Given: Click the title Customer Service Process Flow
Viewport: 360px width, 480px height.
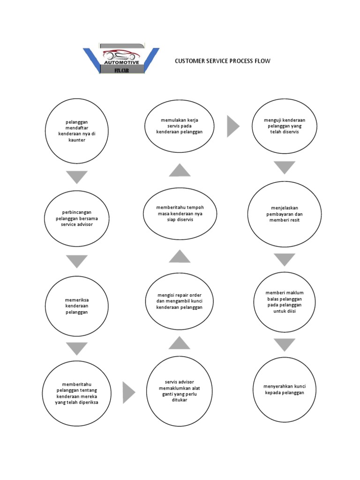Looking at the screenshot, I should pyautogui.click(x=222, y=61).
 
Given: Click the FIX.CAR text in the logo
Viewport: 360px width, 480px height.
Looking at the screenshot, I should pyautogui.click(x=121, y=70).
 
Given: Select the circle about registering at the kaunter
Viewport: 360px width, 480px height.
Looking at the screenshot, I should pyautogui.click(x=77, y=131).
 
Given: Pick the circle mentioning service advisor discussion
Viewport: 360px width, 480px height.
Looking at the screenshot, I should pyautogui.click(x=77, y=218).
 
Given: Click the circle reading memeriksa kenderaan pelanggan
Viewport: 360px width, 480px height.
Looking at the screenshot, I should pyautogui.click(x=77, y=306).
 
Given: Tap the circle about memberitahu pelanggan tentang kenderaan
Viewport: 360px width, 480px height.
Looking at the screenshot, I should pyautogui.click(x=77, y=393).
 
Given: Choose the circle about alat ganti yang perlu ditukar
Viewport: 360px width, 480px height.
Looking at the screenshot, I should pyautogui.click(x=179, y=391).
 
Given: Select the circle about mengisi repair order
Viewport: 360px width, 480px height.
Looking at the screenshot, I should pyautogui.click(x=179, y=301).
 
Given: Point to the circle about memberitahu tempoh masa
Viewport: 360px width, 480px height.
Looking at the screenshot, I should pyautogui.click(x=179, y=213).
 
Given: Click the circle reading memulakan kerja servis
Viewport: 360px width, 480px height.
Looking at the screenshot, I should pyautogui.click(x=179, y=126).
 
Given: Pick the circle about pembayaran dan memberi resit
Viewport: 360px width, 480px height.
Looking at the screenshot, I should pyautogui.click(x=285, y=213).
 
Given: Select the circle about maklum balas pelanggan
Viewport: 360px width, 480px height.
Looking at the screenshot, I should pyautogui.click(x=284, y=302).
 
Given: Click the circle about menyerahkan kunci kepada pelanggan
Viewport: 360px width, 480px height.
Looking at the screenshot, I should pyautogui.click(x=284, y=390).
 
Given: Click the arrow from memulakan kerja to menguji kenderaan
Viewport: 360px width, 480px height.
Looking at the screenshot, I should pyautogui.click(x=232, y=126).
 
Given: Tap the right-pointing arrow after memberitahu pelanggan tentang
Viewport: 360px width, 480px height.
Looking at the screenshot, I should pyautogui.click(x=128, y=393).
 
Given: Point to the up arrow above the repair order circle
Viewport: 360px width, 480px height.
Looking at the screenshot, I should pyautogui.click(x=179, y=256).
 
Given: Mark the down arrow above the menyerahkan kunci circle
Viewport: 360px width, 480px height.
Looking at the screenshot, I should pyautogui.click(x=284, y=345).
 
